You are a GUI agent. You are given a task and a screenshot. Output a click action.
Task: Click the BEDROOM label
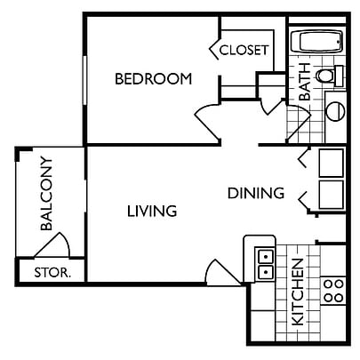point(154,79)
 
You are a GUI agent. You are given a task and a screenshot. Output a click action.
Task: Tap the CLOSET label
point(244,50)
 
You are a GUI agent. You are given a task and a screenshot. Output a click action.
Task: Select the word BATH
point(305,82)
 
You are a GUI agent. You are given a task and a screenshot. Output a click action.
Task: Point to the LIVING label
point(152,212)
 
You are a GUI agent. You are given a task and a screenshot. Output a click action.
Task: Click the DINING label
point(256,193)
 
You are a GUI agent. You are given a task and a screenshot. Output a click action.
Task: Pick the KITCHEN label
point(298,292)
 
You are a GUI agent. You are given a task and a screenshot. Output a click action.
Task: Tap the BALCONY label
point(47,194)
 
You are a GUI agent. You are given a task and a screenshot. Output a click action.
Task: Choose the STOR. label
point(52,273)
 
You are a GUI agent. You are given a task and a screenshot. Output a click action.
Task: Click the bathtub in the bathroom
point(316,42)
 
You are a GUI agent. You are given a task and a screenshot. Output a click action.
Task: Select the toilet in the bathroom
point(329,76)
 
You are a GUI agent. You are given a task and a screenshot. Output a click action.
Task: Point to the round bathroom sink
point(335,111)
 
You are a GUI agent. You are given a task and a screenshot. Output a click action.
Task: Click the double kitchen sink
point(265,263)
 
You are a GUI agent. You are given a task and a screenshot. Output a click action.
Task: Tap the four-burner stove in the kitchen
point(333,291)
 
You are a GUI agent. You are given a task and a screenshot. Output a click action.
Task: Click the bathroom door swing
point(300,123)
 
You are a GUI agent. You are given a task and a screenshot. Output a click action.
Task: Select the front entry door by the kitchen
point(223,273)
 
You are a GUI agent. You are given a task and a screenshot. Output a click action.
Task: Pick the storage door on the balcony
point(52,245)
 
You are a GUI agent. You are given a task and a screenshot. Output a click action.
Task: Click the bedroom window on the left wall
point(85,80)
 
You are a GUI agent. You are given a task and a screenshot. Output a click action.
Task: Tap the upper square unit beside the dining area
point(332,163)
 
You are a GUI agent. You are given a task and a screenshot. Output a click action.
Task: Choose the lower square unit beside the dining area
point(332,195)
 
